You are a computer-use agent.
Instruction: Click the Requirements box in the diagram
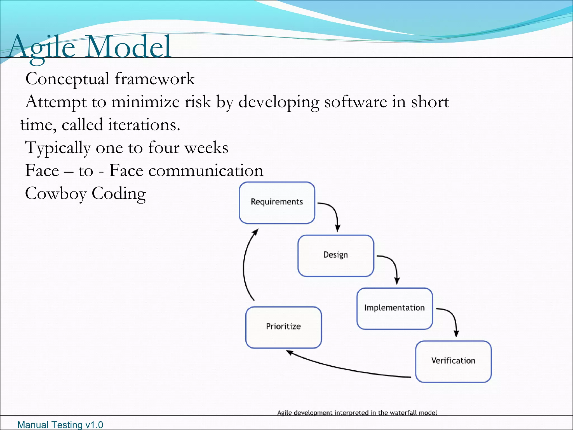[x=277, y=203]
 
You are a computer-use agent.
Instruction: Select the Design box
[x=335, y=256]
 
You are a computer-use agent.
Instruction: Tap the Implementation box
[x=394, y=309]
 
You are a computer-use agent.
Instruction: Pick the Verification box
[x=453, y=361]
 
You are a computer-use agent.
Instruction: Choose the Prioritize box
[x=283, y=327]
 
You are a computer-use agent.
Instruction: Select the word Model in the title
[x=128, y=46]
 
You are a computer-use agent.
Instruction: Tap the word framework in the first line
[x=154, y=79]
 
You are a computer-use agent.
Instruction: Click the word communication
[x=206, y=171]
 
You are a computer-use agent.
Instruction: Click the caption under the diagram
[x=357, y=413]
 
